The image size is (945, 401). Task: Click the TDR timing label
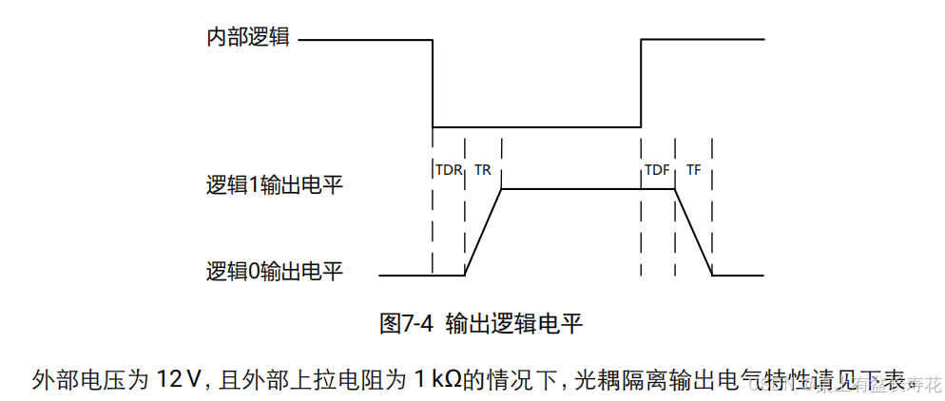click(x=448, y=170)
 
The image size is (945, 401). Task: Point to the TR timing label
click(x=482, y=170)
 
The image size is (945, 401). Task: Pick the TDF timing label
click(x=657, y=170)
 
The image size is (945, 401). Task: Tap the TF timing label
click(x=694, y=170)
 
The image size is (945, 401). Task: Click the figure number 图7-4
click(x=406, y=323)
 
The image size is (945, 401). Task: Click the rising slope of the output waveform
click(x=483, y=233)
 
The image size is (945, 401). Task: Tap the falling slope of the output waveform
click(x=694, y=233)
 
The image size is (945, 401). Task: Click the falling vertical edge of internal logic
click(x=433, y=84)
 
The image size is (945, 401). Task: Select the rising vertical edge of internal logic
click(x=642, y=84)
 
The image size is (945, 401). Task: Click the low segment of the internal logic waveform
click(x=537, y=127)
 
